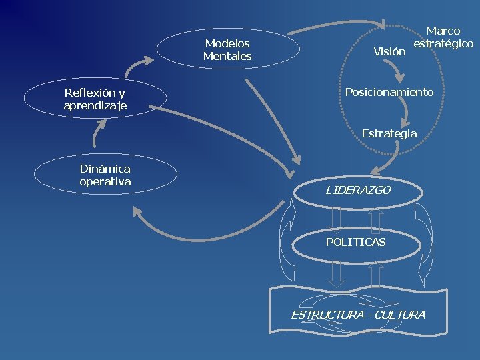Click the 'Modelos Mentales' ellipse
(227, 49)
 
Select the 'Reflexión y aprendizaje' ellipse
(95, 98)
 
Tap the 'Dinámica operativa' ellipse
(105, 175)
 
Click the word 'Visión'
(389, 51)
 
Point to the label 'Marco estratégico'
(443, 37)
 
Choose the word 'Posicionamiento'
(389, 92)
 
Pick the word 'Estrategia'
(389, 133)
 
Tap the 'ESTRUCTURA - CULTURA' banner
(357, 311)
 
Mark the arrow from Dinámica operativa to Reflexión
(99, 135)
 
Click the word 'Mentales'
(227, 57)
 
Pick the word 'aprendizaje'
(95, 106)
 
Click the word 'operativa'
(105, 181)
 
